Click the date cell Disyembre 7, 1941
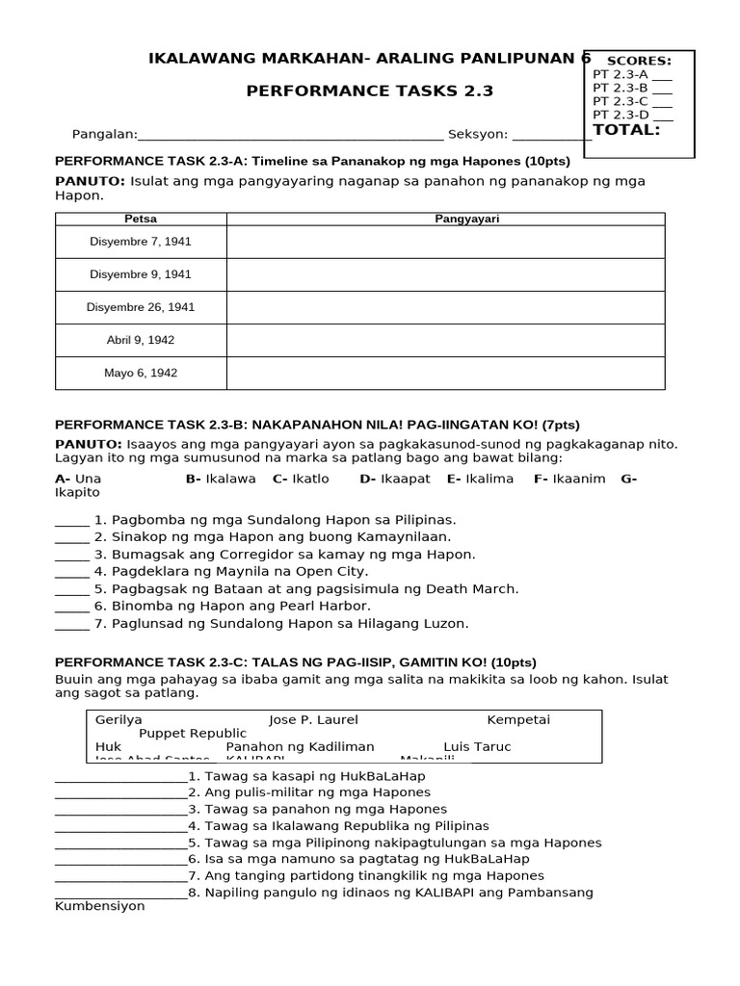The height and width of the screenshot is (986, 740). click(141, 242)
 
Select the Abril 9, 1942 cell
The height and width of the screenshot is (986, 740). click(141, 340)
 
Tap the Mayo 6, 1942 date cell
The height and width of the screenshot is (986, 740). click(141, 373)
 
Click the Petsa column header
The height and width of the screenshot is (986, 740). click(141, 219)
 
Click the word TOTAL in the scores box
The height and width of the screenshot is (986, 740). click(627, 130)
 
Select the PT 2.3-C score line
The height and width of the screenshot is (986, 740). click(632, 101)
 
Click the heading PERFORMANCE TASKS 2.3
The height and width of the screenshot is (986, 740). click(370, 91)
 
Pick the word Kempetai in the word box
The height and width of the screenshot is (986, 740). click(518, 719)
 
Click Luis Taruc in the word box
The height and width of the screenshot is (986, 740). click(477, 746)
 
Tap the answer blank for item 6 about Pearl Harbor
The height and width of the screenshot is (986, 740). click(72, 606)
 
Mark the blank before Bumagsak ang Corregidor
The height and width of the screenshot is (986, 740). click(72, 555)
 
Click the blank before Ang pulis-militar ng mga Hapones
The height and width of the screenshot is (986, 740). click(120, 792)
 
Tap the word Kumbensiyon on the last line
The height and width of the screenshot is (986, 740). click(100, 906)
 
